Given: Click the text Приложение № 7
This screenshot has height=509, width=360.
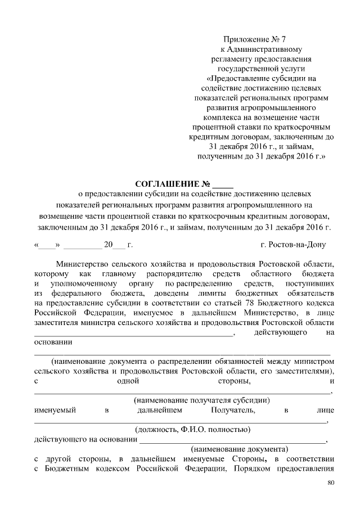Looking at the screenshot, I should (254, 39).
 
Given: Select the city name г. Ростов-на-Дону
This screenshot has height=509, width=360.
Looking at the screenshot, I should (293, 245).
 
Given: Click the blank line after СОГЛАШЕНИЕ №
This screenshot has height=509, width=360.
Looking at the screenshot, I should (222, 185).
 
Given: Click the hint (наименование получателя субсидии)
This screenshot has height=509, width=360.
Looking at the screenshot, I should (201, 400).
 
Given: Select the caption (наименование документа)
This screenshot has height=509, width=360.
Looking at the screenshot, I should (240, 449).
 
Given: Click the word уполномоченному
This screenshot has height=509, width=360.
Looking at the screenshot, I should (83, 283).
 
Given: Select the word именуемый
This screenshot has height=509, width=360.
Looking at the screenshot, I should (55, 411).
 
